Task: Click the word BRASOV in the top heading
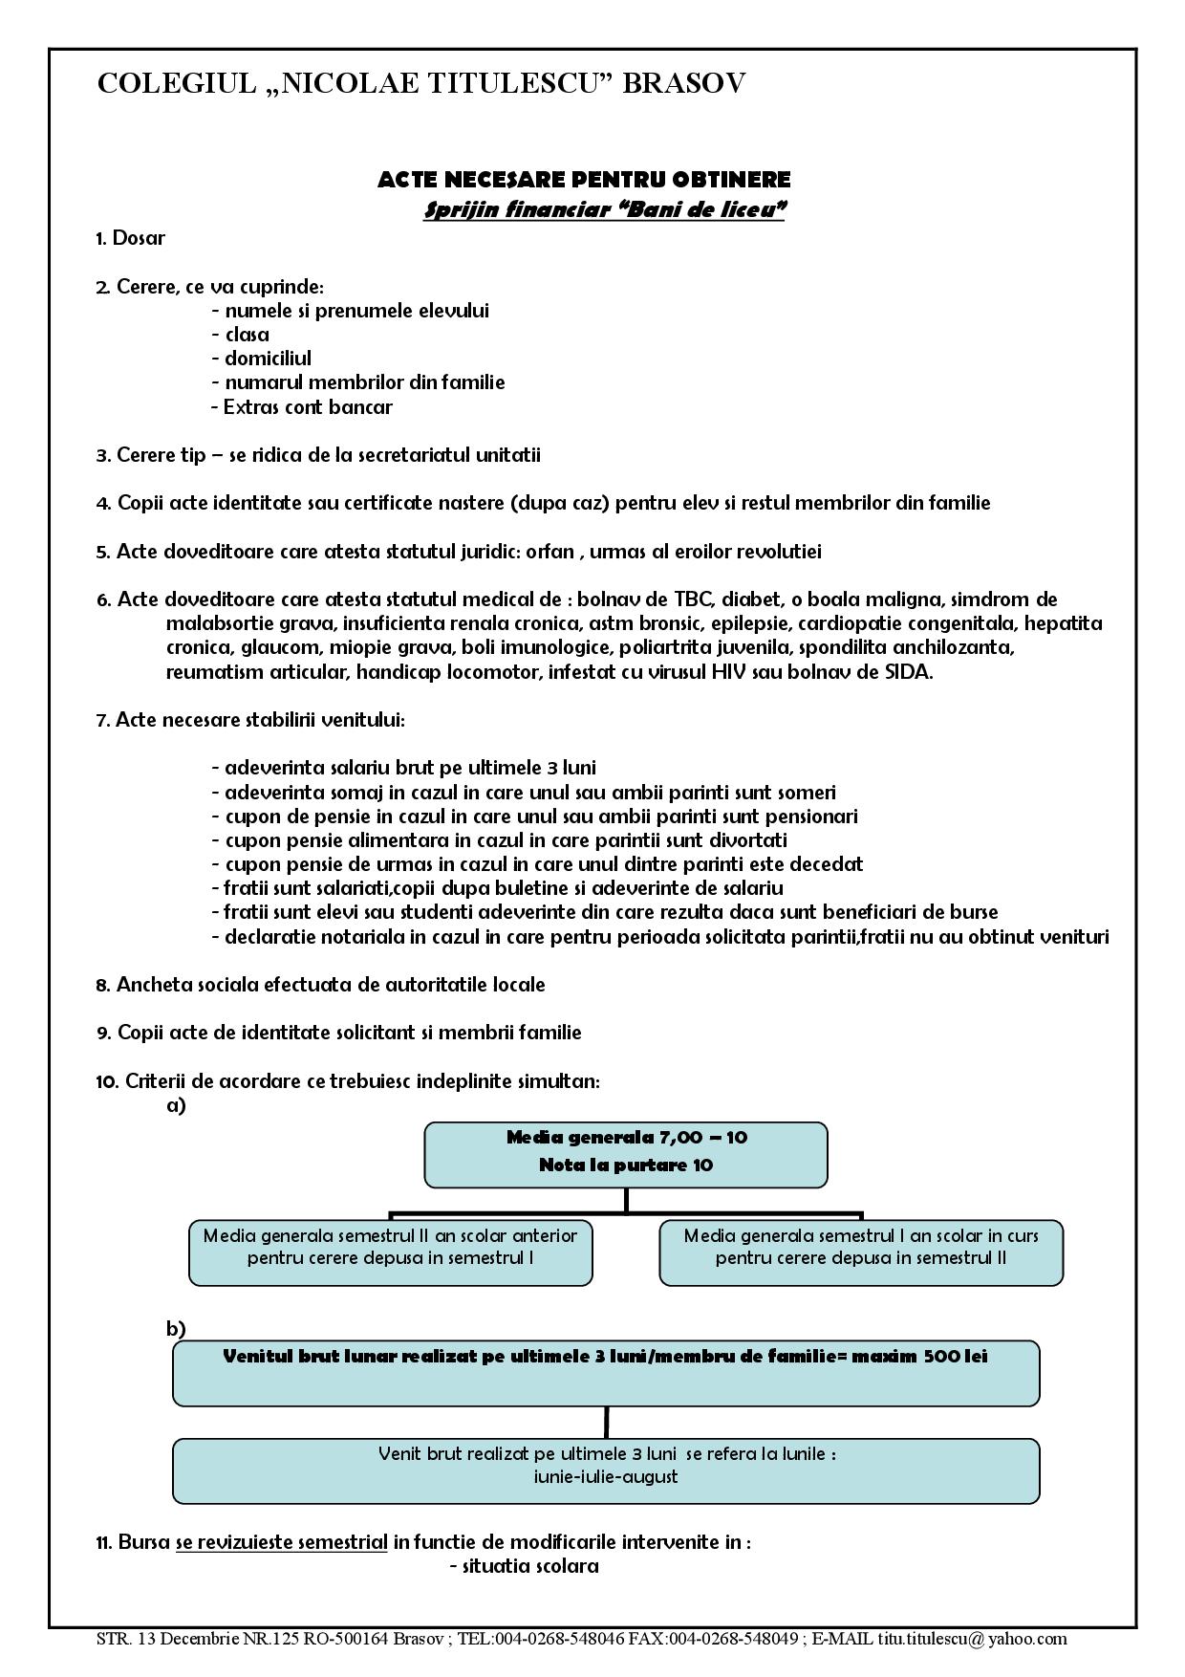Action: tap(683, 84)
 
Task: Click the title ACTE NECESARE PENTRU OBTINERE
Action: tap(584, 180)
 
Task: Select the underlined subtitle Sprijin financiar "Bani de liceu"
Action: tap(604, 209)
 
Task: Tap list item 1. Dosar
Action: tap(131, 238)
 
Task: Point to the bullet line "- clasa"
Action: tap(241, 335)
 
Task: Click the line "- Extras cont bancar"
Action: tap(302, 407)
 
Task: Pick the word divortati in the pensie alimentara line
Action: tap(748, 840)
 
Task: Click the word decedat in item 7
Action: tap(829, 864)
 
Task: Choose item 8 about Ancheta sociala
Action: tap(321, 985)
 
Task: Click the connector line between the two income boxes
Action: tap(606, 1422)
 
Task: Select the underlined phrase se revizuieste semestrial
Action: tap(281, 1542)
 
